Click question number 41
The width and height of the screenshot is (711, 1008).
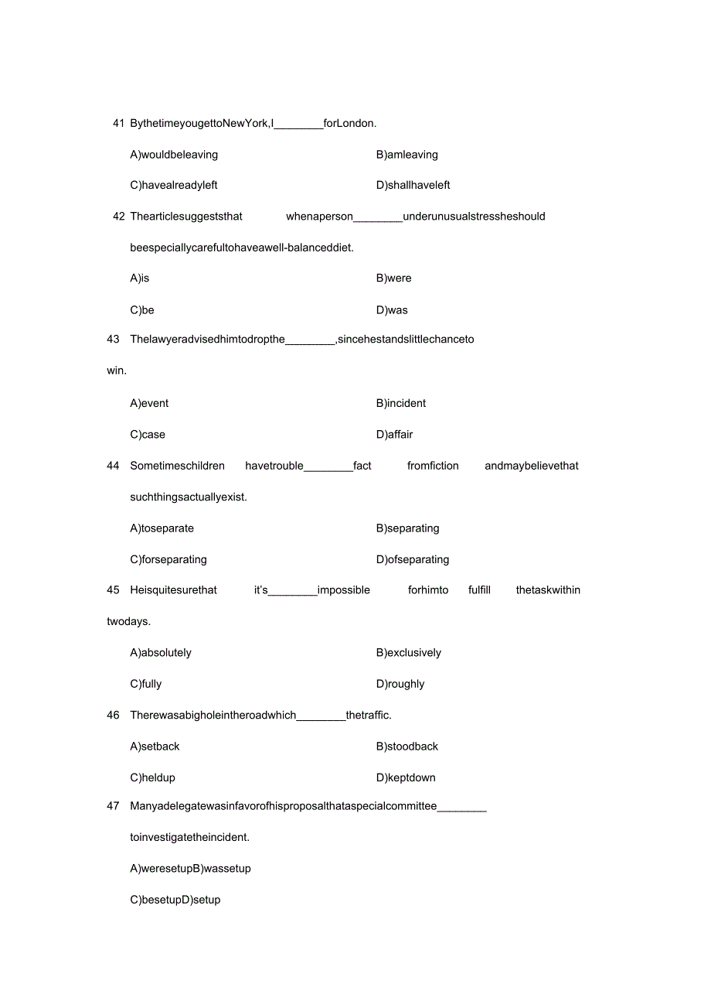pyautogui.click(x=118, y=123)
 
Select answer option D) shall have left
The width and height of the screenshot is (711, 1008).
pyautogui.click(x=413, y=186)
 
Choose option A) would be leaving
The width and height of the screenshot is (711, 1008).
pyautogui.click(x=174, y=155)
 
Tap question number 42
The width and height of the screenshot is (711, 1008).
pyautogui.click(x=118, y=217)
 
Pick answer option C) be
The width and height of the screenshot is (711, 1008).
pyautogui.click(x=142, y=310)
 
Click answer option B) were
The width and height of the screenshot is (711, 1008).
pyautogui.click(x=393, y=278)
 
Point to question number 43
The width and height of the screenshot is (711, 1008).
pyautogui.click(x=113, y=339)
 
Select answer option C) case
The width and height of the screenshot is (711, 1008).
pyautogui.click(x=148, y=435)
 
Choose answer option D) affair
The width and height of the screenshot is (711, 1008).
pyautogui.click(x=394, y=435)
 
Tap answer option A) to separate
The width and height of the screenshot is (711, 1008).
pyautogui.click(x=162, y=528)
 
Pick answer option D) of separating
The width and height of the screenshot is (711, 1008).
pyautogui.click(x=412, y=559)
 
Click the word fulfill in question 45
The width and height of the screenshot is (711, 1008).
pyautogui.click(x=479, y=590)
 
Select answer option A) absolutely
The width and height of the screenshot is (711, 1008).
pyautogui.click(x=161, y=653)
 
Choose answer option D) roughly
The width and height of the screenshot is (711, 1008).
pyautogui.click(x=400, y=684)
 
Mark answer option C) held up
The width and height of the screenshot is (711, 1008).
pyautogui.click(x=152, y=777)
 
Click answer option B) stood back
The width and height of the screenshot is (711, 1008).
pyautogui.click(x=407, y=747)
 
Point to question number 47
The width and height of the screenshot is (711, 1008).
pyautogui.click(x=113, y=806)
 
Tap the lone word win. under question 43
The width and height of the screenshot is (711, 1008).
pyautogui.click(x=117, y=371)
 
